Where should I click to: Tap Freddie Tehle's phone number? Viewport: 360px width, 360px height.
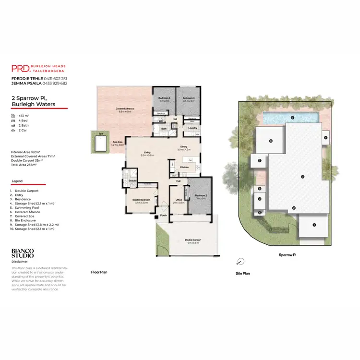point(54,78)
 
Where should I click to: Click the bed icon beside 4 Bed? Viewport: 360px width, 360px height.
point(13,120)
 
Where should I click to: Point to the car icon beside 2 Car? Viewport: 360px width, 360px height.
point(13,130)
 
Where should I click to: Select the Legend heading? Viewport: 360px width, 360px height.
point(17,181)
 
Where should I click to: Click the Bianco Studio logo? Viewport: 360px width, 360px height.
point(23,253)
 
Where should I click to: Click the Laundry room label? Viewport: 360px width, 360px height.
point(193,128)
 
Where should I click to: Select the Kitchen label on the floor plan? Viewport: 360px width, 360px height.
point(184,167)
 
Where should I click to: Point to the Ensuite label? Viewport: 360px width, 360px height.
point(132,181)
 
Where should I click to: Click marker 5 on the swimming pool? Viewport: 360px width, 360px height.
point(292,117)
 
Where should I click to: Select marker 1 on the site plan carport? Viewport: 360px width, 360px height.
point(314,225)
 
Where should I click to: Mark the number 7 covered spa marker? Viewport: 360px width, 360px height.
point(259,161)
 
